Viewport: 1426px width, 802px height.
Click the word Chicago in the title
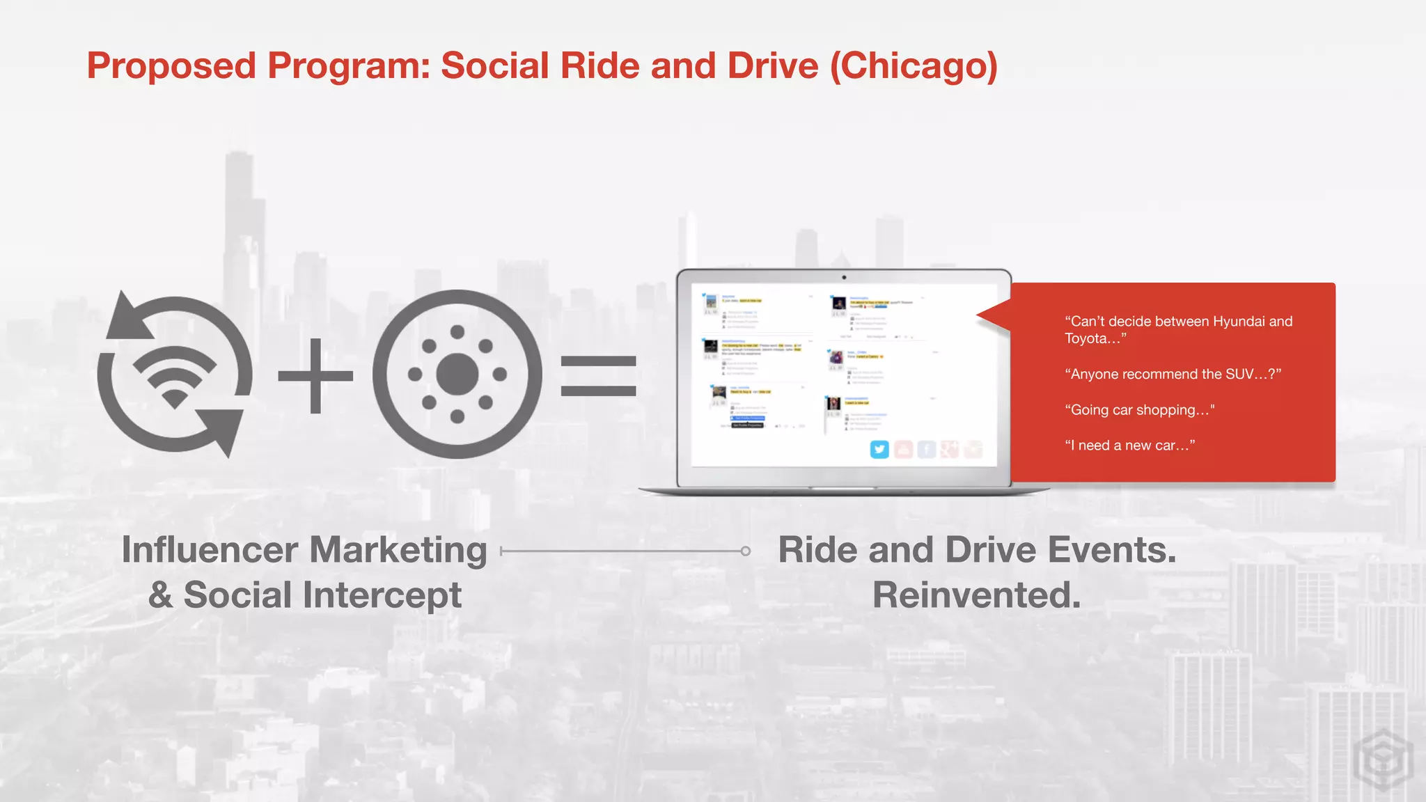914,66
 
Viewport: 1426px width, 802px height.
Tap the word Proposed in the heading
171,66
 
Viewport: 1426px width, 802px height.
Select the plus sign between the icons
315,376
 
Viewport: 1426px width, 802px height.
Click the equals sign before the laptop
598,376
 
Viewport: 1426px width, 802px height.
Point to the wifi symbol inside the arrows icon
174,376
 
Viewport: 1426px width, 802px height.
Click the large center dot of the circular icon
457,374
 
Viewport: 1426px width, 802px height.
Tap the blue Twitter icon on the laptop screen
879,450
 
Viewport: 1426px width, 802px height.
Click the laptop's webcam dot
844,277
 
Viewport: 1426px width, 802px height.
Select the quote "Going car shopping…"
1139,410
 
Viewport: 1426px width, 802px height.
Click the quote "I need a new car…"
1129,446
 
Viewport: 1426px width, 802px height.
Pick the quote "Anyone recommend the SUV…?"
1173,375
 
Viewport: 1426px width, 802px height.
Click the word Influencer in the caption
220,550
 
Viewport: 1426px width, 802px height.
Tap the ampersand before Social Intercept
161,595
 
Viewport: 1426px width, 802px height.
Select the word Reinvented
976,595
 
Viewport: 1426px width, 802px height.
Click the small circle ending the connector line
746,551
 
